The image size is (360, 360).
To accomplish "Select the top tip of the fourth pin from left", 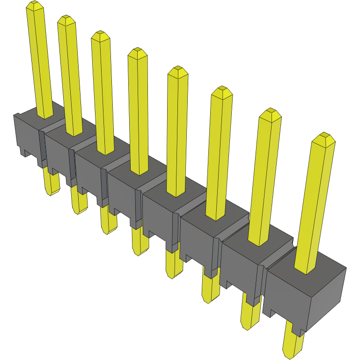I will click(x=137, y=52).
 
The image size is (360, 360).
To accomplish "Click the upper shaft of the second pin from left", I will click(x=70, y=75).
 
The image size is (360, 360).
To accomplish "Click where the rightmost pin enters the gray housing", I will click(x=306, y=270).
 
